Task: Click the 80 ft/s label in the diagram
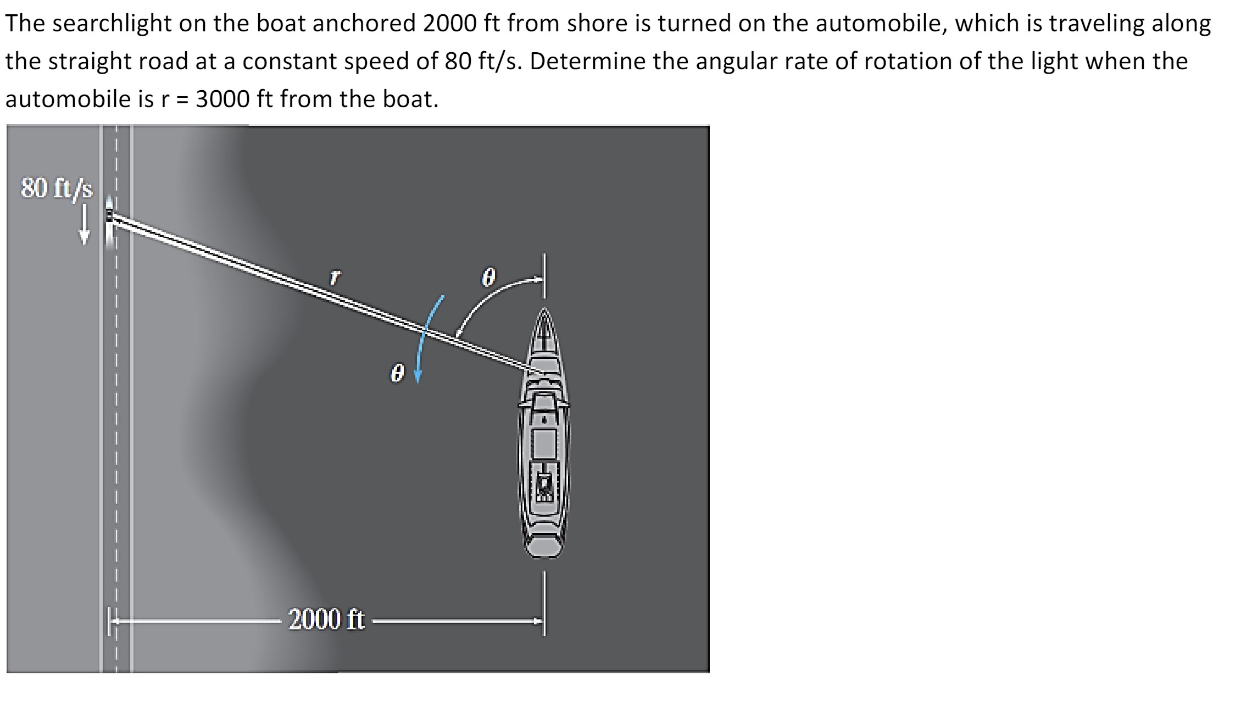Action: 57,188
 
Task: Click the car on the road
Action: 110,217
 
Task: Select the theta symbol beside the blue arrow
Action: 397,374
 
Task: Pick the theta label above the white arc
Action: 488,278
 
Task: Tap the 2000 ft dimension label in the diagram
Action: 326,619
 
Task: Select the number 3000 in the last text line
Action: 222,99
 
